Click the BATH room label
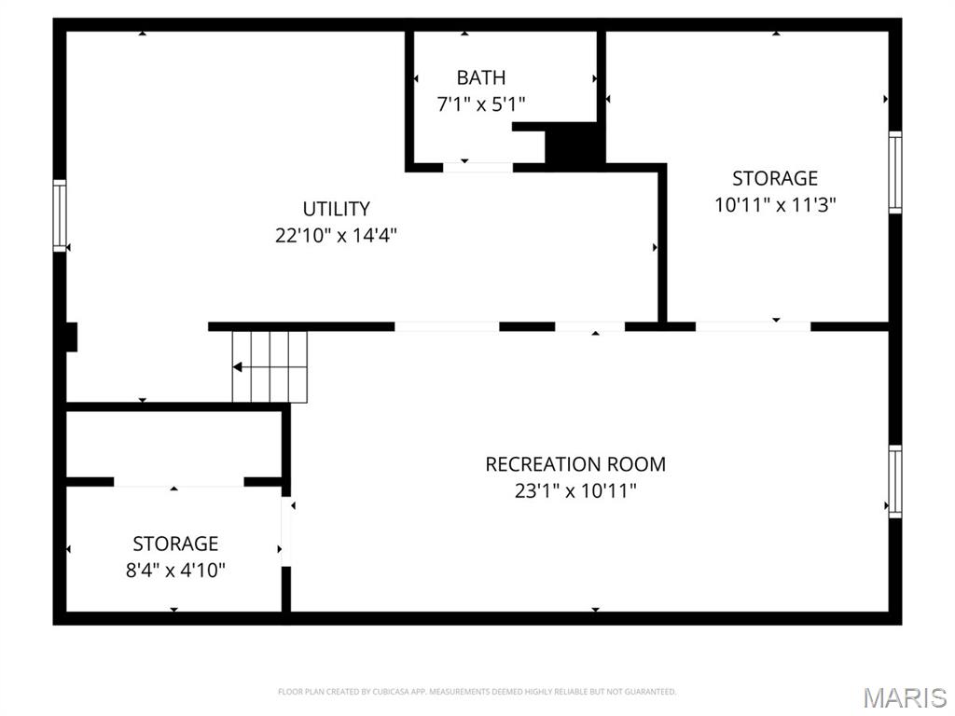pyautogui.click(x=480, y=77)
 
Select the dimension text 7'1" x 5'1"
pyautogui.click(x=480, y=104)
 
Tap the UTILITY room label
pyautogui.click(x=336, y=209)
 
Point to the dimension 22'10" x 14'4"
pyautogui.click(x=336, y=236)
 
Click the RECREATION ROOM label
pyautogui.click(x=575, y=463)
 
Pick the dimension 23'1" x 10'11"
pyautogui.click(x=575, y=490)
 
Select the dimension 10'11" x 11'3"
pyautogui.click(x=774, y=205)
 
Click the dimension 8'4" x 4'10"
pyautogui.click(x=175, y=570)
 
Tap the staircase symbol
pyautogui.click(x=270, y=366)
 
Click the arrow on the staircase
pyautogui.click(x=239, y=367)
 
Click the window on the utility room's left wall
pyautogui.click(x=60, y=215)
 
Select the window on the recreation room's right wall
pyautogui.click(x=895, y=481)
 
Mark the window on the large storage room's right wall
pyautogui.click(x=895, y=172)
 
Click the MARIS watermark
pyautogui.click(x=904, y=697)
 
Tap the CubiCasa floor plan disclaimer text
pyautogui.click(x=477, y=692)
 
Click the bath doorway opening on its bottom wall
pyautogui.click(x=477, y=168)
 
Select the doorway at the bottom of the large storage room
pyautogui.click(x=753, y=326)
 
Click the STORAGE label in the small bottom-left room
pyautogui.click(x=175, y=543)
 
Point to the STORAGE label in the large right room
pyautogui.click(x=774, y=178)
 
